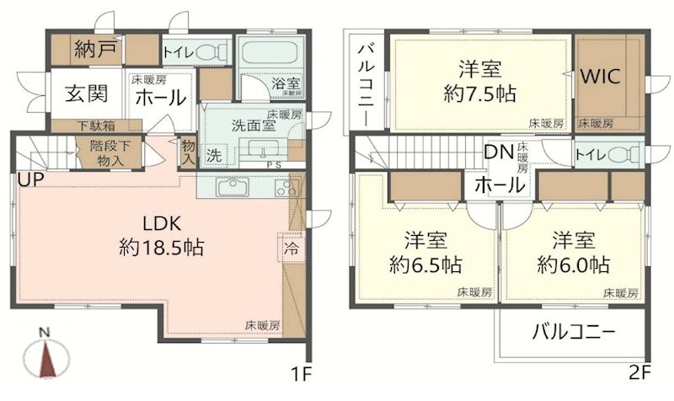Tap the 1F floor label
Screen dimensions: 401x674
click(301, 371)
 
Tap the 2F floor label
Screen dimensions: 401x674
click(637, 371)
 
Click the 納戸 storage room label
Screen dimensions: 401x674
click(95, 48)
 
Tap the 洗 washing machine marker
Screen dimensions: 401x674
click(215, 155)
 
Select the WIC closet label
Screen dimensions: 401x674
click(600, 75)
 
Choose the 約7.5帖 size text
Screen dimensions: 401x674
click(476, 93)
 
